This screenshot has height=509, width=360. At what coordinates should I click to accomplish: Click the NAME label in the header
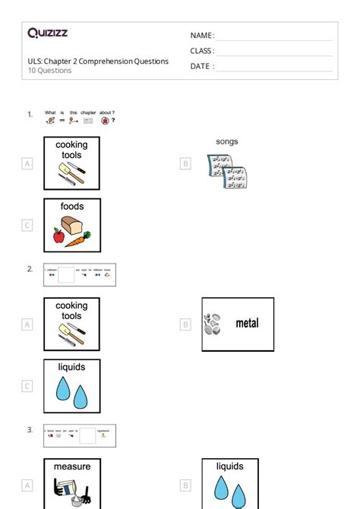coord(202,36)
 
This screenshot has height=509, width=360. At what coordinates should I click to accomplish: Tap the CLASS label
coord(202,51)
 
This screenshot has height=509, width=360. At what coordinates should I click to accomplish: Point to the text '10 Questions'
coord(49,71)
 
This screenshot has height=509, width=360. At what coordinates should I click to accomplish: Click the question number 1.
coord(30,115)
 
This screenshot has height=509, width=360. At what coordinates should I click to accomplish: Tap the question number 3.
coord(30,430)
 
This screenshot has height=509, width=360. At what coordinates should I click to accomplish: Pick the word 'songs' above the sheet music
coord(227,141)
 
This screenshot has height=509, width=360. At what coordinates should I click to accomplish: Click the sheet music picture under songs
coord(227,170)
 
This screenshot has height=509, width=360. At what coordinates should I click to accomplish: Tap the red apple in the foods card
coord(58,237)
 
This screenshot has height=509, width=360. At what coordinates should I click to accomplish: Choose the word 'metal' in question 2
coord(247,324)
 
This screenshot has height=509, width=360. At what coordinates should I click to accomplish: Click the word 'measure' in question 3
coord(71,466)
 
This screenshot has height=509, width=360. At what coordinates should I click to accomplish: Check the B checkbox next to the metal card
coord(185,324)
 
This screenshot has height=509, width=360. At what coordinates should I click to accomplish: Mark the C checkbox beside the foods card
coord(27,225)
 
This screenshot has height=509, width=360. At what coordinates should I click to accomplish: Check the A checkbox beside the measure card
coord(27,485)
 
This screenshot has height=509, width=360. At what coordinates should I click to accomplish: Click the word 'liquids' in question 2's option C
coord(71,367)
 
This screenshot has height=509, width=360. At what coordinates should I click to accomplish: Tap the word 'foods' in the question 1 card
coord(71,206)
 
